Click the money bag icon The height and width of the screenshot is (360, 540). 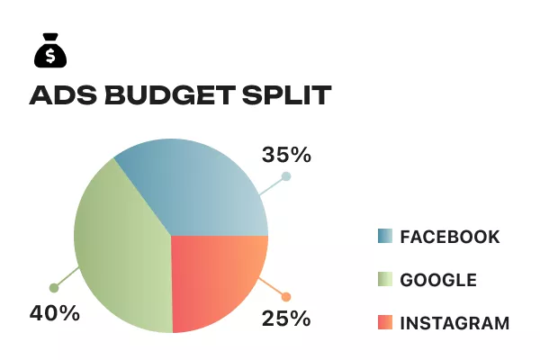click(50, 53)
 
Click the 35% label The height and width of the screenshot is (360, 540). click(286, 155)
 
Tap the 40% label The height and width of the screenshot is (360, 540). click(55, 313)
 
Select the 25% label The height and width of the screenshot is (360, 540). click(286, 318)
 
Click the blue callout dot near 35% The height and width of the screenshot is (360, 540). click(286, 176)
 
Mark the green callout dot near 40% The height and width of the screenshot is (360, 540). click(54, 288)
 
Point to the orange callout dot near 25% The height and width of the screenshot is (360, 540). click(286, 297)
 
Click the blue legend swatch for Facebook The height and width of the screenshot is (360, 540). click(384, 237)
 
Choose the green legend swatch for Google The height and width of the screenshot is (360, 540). click(384, 280)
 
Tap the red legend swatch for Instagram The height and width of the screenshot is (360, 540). click(384, 322)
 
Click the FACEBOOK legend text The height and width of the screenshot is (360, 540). click(449, 237)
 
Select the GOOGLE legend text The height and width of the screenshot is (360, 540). click(438, 280)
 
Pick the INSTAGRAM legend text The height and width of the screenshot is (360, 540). click(454, 322)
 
